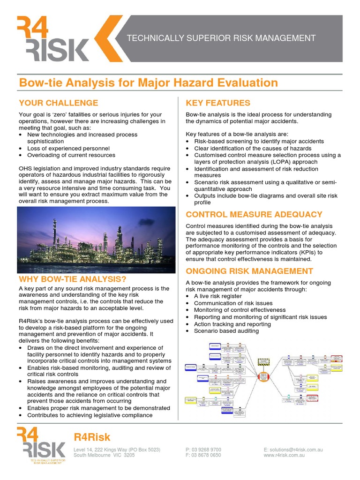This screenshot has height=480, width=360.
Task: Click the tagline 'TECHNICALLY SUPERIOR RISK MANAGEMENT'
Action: tap(222, 38)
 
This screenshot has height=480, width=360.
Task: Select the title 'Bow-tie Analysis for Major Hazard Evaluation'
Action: tap(148, 83)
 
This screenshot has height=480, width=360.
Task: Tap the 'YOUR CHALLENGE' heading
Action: tap(59, 103)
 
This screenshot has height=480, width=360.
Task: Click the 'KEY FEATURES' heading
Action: tap(218, 103)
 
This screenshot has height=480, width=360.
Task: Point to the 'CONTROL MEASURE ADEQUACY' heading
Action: tap(254, 215)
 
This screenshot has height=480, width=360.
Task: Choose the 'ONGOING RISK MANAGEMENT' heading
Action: tap(249, 271)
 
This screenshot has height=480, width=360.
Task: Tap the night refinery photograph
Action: tap(96, 240)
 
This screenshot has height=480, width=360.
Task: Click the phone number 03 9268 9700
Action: tap(207, 450)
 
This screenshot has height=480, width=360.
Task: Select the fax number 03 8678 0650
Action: tap(207, 455)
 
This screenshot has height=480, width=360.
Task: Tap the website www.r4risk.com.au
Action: tap(288, 455)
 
